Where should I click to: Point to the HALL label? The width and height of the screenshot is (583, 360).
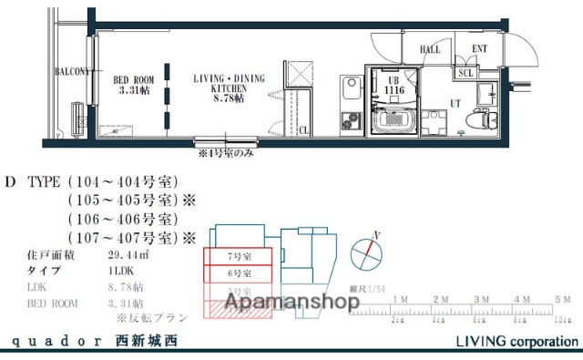(x=429, y=51)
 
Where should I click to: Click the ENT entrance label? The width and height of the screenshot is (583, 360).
(x=478, y=51)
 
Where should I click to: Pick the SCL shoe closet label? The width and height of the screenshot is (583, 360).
(x=465, y=73)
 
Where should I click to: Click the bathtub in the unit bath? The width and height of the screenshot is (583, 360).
(x=394, y=119)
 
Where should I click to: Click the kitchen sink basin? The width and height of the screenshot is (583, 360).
(x=351, y=89)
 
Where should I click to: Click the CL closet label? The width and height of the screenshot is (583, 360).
(x=302, y=130)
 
